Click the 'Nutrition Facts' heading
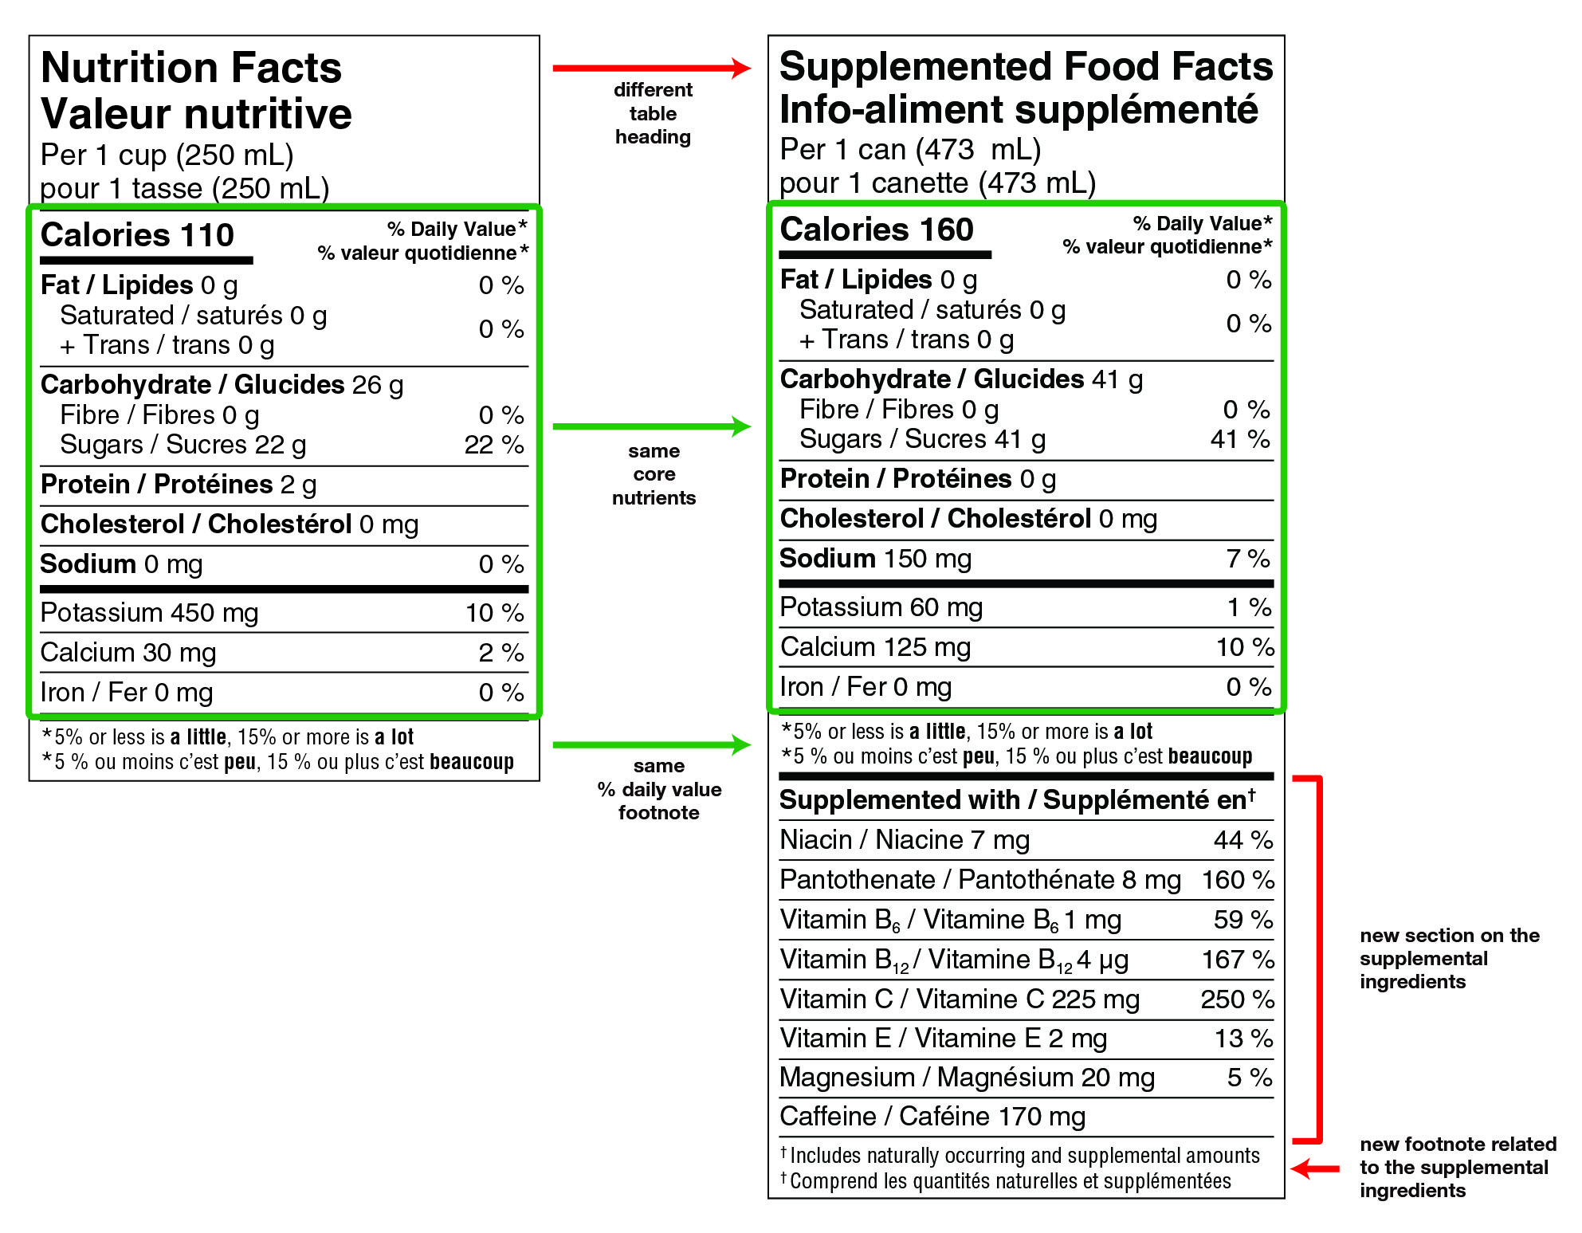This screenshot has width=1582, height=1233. (191, 68)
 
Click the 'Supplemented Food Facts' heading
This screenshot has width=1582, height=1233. (1026, 66)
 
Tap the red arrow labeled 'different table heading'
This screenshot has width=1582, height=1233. (651, 69)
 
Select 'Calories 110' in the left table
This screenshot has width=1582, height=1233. (137, 235)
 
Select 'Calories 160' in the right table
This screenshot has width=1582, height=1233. (877, 230)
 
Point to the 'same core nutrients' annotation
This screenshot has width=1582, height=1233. (654, 474)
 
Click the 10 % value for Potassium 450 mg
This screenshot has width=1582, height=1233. (494, 613)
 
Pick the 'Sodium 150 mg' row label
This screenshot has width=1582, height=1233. (875, 559)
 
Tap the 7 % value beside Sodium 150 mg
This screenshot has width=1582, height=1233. (1247, 559)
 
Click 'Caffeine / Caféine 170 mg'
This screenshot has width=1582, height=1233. (932, 1117)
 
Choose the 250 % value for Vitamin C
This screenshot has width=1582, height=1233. (1237, 999)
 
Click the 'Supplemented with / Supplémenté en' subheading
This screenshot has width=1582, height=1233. (1017, 800)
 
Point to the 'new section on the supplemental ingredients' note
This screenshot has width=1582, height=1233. (1449, 958)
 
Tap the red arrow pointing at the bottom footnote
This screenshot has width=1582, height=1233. (1315, 1169)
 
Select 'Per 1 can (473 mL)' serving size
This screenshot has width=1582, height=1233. (910, 150)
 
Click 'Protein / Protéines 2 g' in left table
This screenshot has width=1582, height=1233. (179, 485)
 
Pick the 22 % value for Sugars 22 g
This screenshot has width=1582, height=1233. (493, 445)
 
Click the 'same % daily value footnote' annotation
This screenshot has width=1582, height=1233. (659, 789)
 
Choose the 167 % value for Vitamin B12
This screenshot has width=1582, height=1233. (1237, 960)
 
